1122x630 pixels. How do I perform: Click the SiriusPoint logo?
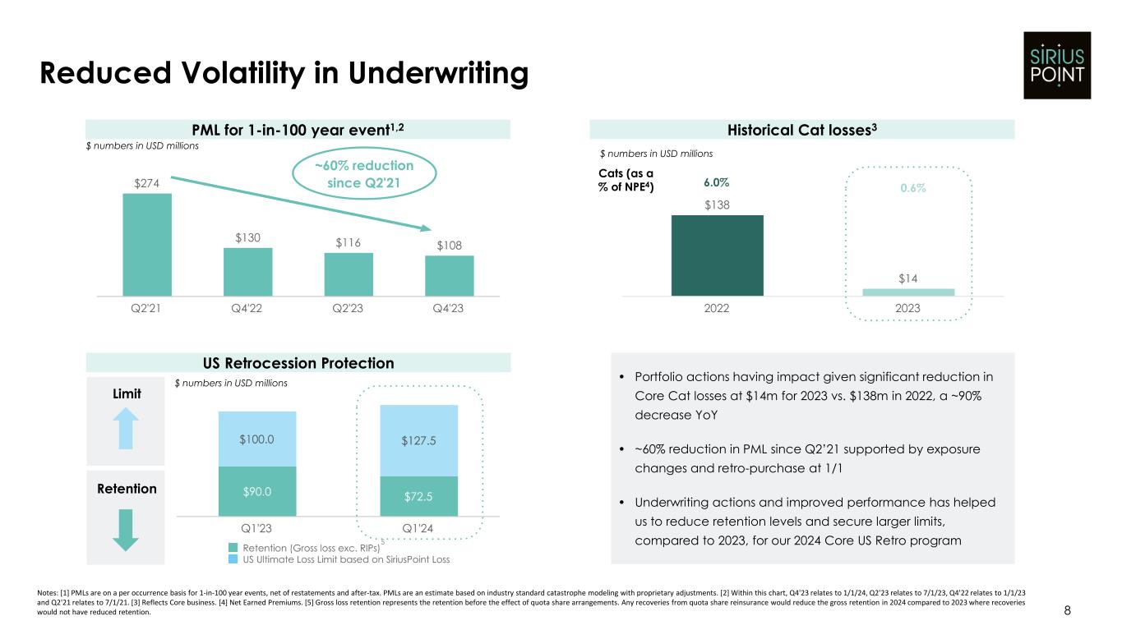pyautogui.click(x=1056, y=65)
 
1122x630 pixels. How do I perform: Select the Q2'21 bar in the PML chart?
pyautogui.click(x=147, y=244)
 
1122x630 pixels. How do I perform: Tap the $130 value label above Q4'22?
pyautogui.click(x=247, y=238)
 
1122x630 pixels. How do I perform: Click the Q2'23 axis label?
pyautogui.click(x=349, y=309)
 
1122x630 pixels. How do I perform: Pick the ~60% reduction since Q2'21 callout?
pyautogui.click(x=365, y=174)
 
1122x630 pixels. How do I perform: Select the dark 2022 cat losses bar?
pyautogui.click(x=717, y=255)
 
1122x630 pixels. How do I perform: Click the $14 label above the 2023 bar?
pyautogui.click(x=907, y=279)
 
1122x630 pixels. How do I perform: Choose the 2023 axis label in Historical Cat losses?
pyautogui.click(x=907, y=309)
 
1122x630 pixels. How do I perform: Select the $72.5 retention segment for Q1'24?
pyautogui.click(x=418, y=496)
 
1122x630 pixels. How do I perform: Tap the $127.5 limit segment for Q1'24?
pyautogui.click(x=418, y=440)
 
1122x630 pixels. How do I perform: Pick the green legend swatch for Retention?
pyautogui.click(x=233, y=547)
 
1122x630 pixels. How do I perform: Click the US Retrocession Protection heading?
pyautogui.click(x=298, y=363)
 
